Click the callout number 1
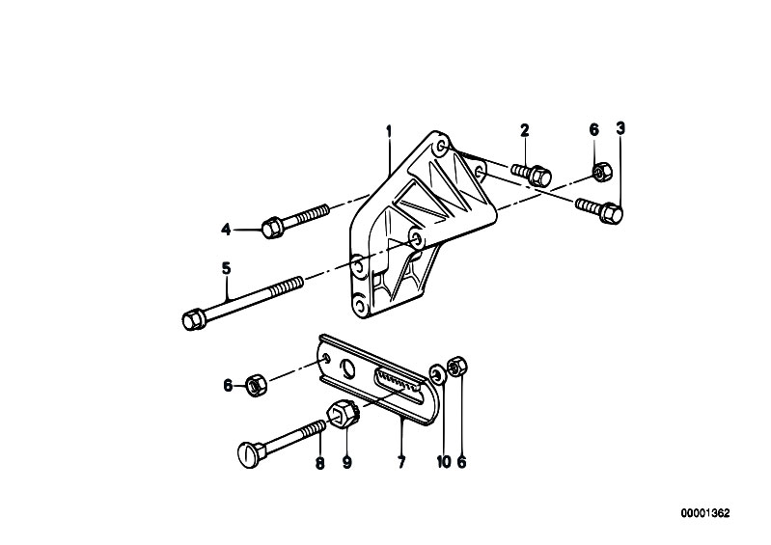(x=389, y=132)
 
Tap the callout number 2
(x=525, y=130)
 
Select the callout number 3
(x=620, y=128)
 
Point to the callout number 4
(x=226, y=229)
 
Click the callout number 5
(x=226, y=268)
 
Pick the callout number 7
(x=401, y=462)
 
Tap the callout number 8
(x=320, y=462)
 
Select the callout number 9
(x=347, y=462)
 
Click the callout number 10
(x=444, y=462)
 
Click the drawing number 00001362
(x=705, y=513)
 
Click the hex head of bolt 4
(x=271, y=228)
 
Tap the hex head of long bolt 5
(x=193, y=320)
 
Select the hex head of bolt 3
(x=611, y=214)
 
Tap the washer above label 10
(x=436, y=372)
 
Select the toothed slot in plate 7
(x=399, y=381)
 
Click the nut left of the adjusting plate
(x=255, y=386)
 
